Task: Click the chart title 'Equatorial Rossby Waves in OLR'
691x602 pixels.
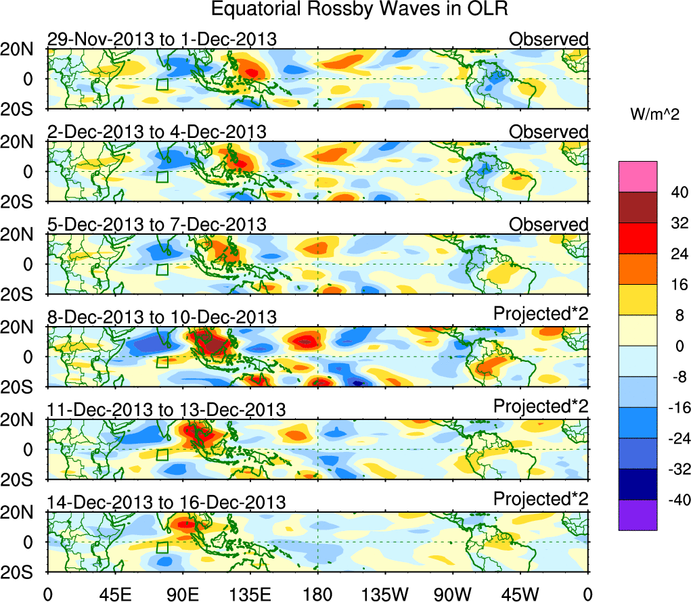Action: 359,9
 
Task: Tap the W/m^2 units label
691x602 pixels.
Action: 654,114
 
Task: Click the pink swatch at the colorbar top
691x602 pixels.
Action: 637,177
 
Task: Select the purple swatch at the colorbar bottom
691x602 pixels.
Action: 637,515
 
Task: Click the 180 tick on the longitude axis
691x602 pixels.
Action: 317,595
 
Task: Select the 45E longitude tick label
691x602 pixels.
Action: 114,595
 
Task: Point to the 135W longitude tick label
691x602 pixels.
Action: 385,595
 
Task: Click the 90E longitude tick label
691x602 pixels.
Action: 182,595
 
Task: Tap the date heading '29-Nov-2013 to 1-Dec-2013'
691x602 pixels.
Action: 162,39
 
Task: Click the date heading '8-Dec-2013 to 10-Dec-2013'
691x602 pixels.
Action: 162,317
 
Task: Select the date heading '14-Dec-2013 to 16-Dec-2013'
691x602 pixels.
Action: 166,503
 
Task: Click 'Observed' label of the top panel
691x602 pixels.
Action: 549,39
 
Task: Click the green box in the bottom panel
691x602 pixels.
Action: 162,548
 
